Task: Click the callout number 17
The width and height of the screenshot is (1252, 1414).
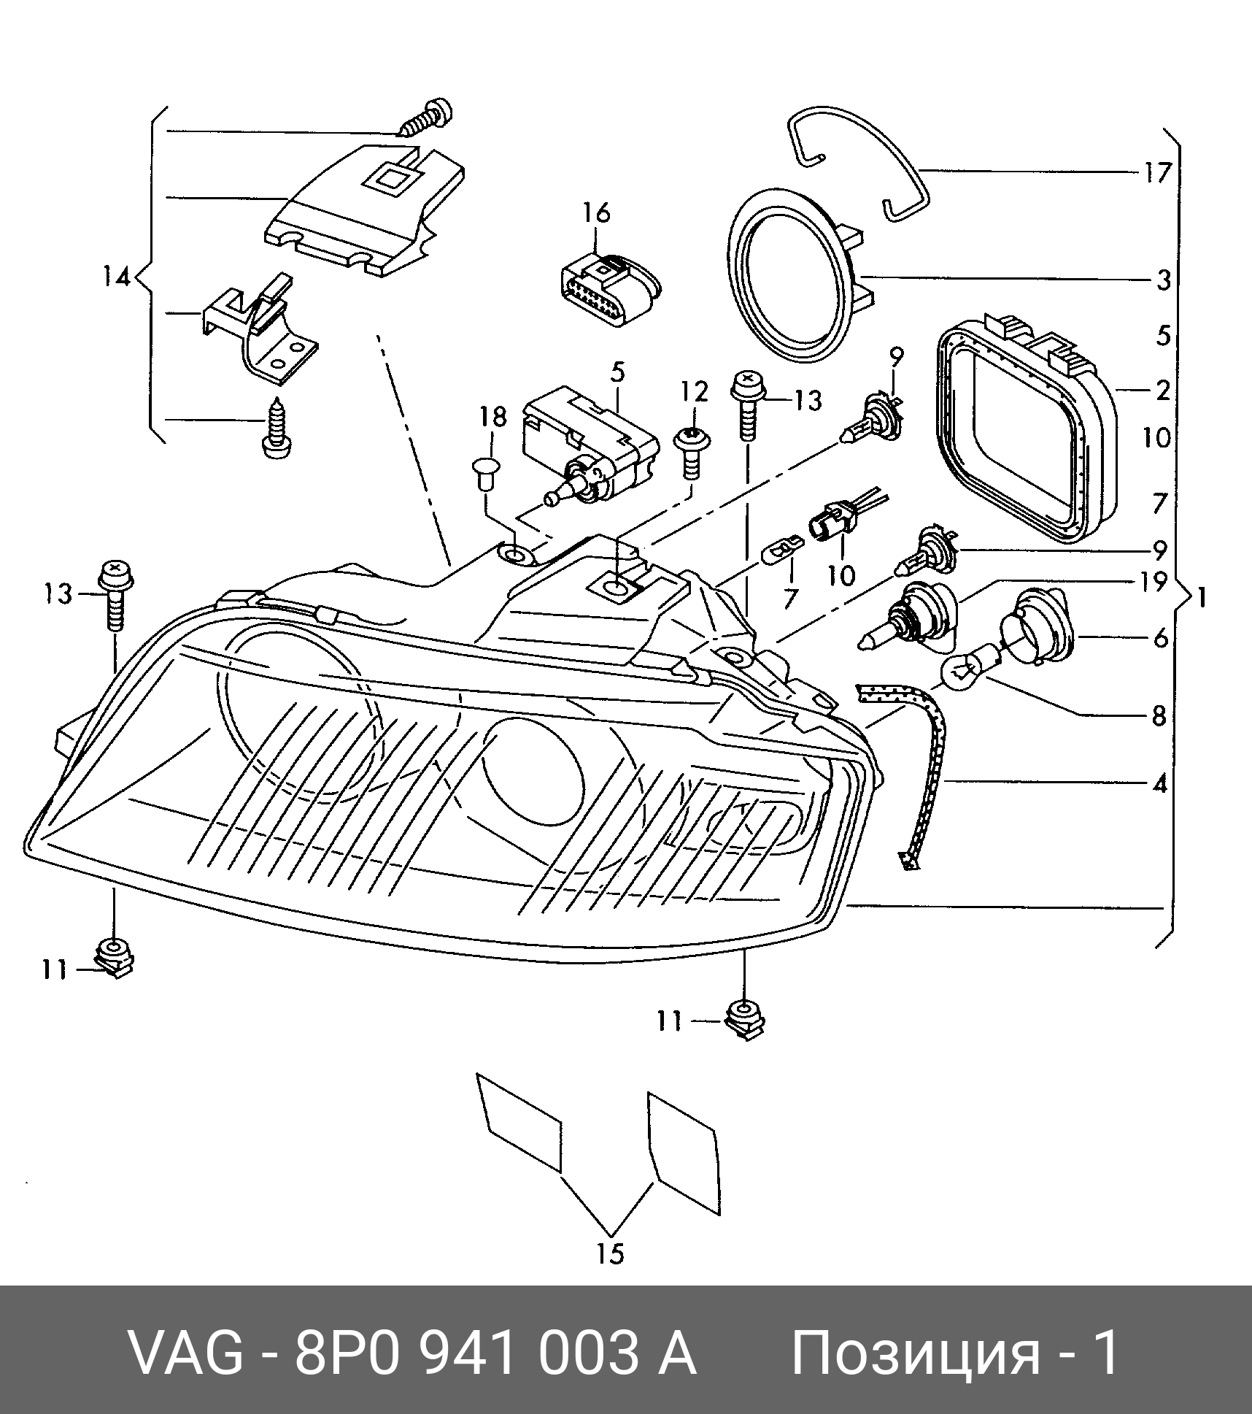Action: (1156, 174)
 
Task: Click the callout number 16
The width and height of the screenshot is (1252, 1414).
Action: (595, 215)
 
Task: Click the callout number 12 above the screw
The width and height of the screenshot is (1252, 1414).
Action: (695, 392)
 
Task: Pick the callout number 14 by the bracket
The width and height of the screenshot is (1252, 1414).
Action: (116, 277)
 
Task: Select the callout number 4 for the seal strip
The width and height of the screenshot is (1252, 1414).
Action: (1159, 785)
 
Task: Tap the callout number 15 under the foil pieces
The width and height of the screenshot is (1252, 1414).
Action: (611, 1253)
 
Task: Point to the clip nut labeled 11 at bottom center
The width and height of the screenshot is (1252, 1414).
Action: (743, 1020)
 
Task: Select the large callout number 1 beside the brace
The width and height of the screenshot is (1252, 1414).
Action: (1201, 599)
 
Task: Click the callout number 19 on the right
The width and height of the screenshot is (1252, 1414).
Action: (1156, 583)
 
